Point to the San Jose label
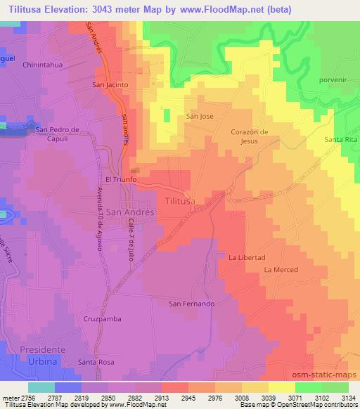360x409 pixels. tap(199, 116)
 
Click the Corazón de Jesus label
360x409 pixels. tap(250, 136)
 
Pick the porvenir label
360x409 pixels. tap(333, 79)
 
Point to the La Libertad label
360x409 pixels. tap(246, 258)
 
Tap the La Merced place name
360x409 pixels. tap(281, 270)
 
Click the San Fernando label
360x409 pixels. tap(191, 304)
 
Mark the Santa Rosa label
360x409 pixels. tap(96, 362)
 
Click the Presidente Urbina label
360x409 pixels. tap(42, 355)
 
